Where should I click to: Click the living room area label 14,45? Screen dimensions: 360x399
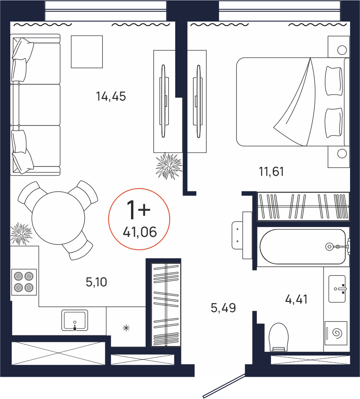[111, 96]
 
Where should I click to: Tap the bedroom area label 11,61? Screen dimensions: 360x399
[271, 172]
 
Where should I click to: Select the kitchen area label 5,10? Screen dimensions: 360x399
[96, 282]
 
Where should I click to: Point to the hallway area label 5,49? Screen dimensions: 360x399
[223, 308]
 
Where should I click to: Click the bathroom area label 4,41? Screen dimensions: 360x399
[296, 299]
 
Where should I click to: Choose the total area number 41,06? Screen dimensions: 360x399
[140, 232]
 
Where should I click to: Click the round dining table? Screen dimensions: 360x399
[58, 218]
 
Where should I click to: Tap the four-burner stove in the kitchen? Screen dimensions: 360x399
[24, 282]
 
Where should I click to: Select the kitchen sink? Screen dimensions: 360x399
[75, 320]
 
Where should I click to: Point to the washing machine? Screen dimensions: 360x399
[336, 333]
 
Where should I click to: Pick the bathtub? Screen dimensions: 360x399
[302, 247]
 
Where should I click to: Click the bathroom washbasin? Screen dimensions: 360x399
[337, 289]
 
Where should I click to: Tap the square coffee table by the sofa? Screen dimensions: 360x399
[87, 52]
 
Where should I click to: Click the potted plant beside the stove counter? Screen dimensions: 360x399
[21, 234]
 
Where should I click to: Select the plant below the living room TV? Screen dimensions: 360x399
[168, 166]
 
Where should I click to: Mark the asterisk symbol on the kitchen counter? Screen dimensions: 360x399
[126, 328]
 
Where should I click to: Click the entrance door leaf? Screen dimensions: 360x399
[224, 386]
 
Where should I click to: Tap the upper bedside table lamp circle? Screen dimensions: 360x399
[342, 50]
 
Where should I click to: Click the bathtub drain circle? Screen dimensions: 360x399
[329, 246]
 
